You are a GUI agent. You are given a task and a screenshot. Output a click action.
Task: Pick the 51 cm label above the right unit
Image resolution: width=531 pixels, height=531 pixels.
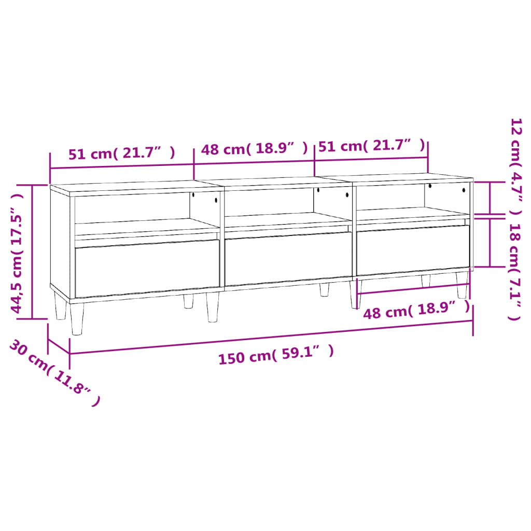[371, 146]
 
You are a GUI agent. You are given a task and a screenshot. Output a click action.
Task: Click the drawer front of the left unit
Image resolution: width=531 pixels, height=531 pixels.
[147, 267]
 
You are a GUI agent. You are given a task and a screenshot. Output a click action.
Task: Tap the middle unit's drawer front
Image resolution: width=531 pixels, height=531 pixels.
[288, 258]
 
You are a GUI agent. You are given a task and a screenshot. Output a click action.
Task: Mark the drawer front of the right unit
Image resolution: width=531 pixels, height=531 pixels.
[413, 249]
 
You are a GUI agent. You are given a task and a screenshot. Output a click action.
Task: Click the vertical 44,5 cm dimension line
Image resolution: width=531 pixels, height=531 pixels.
[33, 251]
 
